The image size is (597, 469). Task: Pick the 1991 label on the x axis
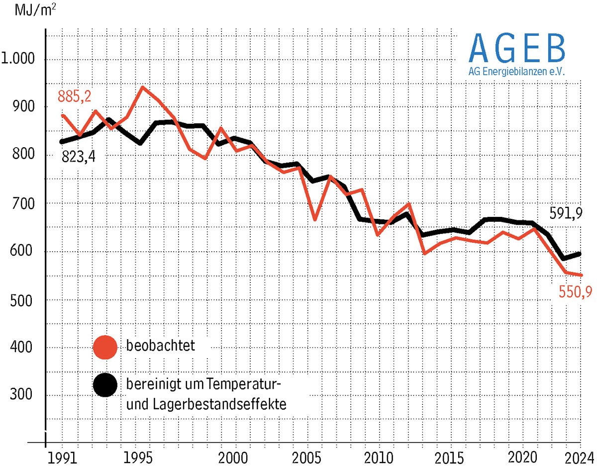[x=62, y=456]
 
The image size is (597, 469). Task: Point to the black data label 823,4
[x=78, y=157]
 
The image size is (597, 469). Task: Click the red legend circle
[x=104, y=346]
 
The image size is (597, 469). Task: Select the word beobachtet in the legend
[x=160, y=346]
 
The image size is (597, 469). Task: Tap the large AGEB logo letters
[x=517, y=48]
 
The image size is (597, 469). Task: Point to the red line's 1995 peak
[x=143, y=88]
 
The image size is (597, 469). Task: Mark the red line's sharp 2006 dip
[x=314, y=219]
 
